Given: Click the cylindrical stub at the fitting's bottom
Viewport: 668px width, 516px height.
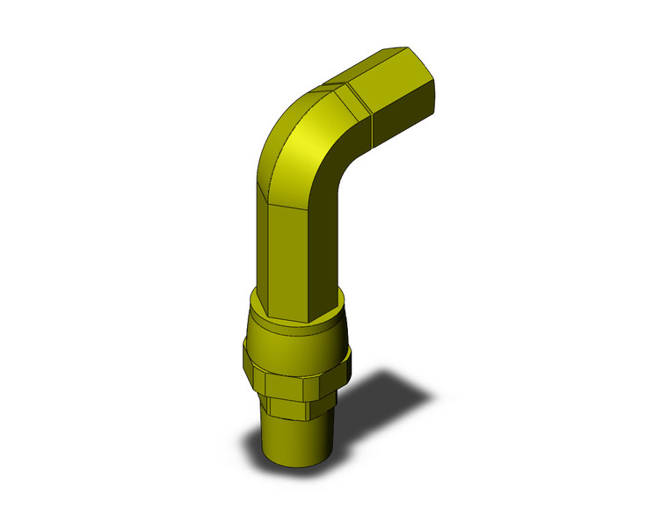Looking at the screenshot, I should click(299, 440).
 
